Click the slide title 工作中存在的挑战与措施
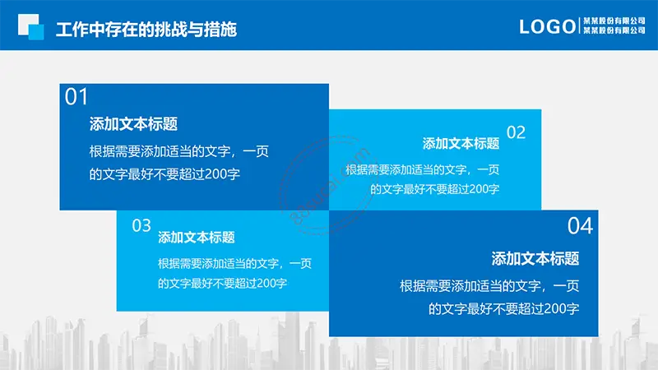click(x=146, y=30)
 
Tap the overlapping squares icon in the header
click(x=30, y=27)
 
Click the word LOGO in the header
click(x=547, y=27)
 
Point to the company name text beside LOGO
click(x=614, y=25)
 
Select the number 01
click(x=76, y=97)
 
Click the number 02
click(x=517, y=132)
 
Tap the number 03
click(x=141, y=225)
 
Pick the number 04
click(x=581, y=226)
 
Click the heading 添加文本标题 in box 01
click(x=133, y=124)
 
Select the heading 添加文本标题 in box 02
click(x=461, y=143)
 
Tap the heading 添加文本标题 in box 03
click(x=197, y=238)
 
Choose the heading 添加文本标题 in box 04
click(x=535, y=258)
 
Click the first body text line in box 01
click(x=178, y=151)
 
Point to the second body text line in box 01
click(x=164, y=174)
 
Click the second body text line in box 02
click(x=435, y=189)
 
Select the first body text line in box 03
click(x=235, y=263)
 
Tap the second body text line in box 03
click(x=222, y=283)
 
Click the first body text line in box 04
click(x=489, y=286)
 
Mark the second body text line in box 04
click(x=503, y=309)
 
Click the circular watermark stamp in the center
click(x=328, y=184)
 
